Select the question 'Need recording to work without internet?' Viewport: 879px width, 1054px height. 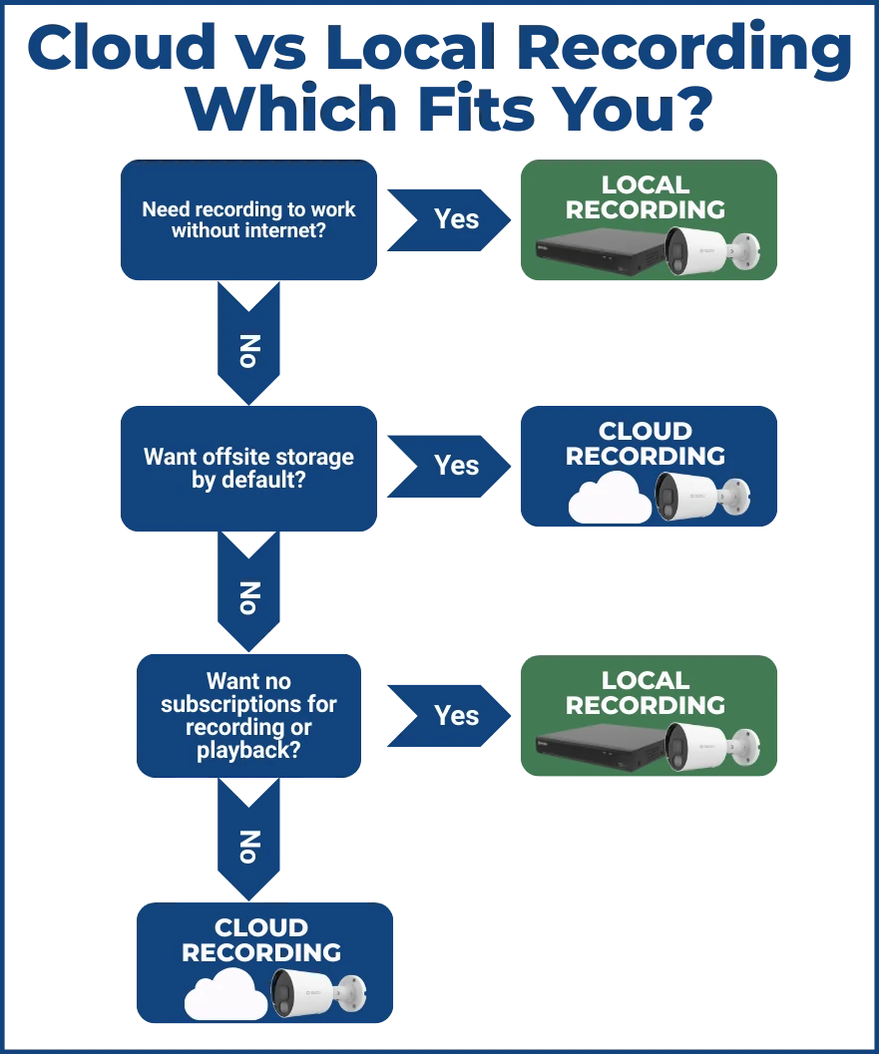point(248,220)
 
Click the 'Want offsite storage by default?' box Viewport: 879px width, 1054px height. point(248,468)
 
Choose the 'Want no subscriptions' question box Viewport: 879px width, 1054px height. point(248,715)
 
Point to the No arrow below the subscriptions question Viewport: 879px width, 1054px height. point(249,844)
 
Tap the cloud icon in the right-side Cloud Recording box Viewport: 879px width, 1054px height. point(610,498)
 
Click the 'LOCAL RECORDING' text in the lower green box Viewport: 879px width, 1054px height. point(646,693)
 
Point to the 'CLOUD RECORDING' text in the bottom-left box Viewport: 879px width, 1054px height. point(261,940)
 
